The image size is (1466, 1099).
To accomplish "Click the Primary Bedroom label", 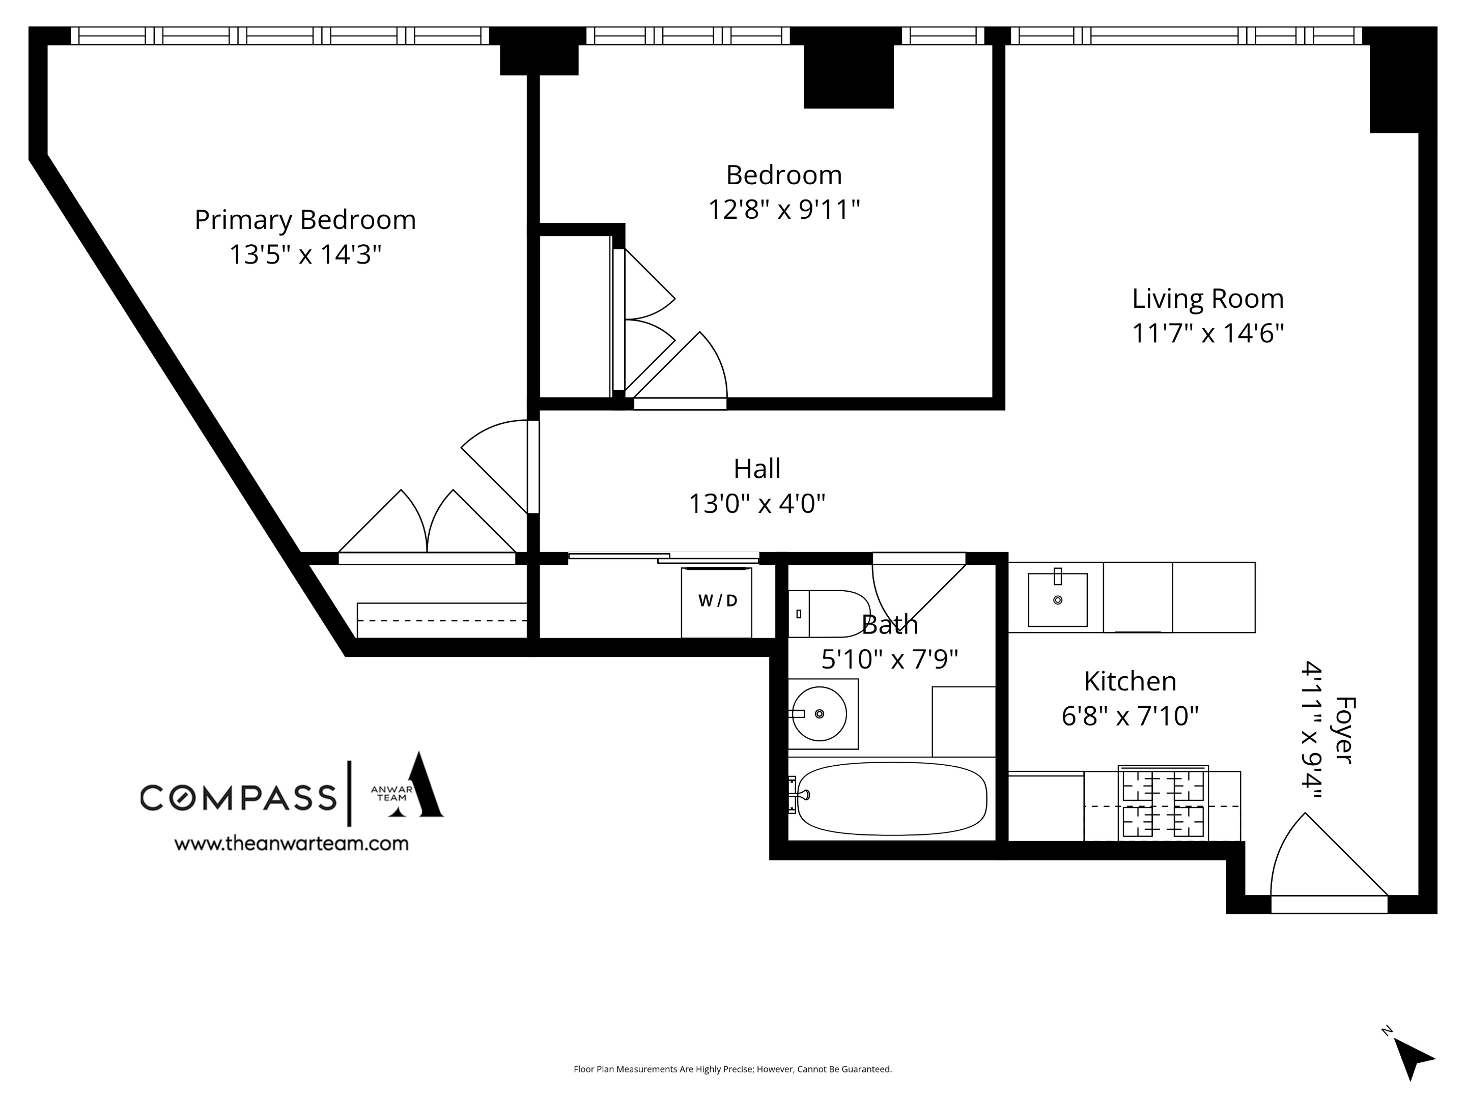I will coord(305,220).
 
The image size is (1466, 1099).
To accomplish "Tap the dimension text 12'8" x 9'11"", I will coord(783,210).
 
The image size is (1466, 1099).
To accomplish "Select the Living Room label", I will coord(1207,299).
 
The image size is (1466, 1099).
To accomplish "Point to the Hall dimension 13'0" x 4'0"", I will coord(757,504).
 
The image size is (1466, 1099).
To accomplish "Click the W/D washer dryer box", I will coord(716,601).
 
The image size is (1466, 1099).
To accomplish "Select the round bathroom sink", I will coord(820,713).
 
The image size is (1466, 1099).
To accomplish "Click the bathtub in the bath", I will coord(891,798).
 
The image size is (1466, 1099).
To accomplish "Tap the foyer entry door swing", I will coord(1319,861).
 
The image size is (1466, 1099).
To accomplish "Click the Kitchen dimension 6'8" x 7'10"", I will coord(1130,716).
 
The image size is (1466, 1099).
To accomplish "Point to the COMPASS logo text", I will coord(239,797).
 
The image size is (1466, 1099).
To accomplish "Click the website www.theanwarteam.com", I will coord(291,843).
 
